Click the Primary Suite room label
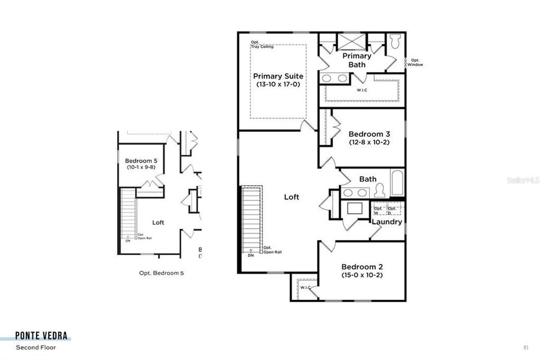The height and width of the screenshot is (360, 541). (x=278, y=76)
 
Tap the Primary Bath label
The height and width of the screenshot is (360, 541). (x=357, y=60)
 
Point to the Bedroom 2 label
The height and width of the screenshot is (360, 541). (x=361, y=267)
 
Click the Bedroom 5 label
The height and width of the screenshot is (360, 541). (x=141, y=161)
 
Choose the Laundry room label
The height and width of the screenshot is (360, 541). (x=387, y=222)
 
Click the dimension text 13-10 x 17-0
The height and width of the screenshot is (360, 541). (x=278, y=85)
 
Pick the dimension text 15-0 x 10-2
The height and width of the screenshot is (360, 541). (x=361, y=275)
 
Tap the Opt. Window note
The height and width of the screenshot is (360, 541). (x=416, y=62)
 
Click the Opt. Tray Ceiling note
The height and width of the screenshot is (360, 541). (x=262, y=45)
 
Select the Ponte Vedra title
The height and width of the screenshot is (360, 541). (x=41, y=336)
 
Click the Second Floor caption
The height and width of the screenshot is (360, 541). (x=36, y=347)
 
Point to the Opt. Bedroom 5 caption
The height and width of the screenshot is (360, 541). (x=162, y=273)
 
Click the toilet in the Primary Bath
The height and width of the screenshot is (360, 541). (x=394, y=42)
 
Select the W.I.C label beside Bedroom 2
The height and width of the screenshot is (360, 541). (x=305, y=287)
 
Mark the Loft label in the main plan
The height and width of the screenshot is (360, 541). (x=292, y=197)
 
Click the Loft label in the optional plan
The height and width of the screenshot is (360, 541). (x=158, y=223)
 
